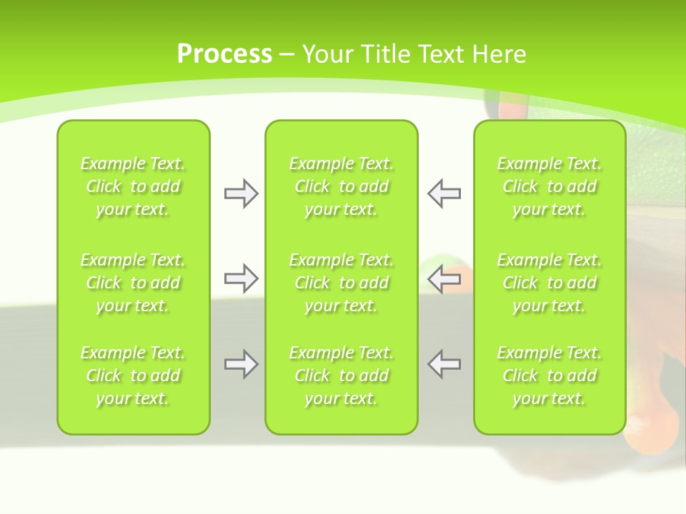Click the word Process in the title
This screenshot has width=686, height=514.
tap(224, 54)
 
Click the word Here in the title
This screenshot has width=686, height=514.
tap(498, 54)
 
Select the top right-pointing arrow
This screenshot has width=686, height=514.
tap(241, 193)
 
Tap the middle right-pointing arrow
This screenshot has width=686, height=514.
tap(241, 278)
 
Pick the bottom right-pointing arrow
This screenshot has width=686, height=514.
tap(241, 364)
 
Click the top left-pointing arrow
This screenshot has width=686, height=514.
tap(444, 193)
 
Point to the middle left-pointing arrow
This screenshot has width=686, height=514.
tap(444, 278)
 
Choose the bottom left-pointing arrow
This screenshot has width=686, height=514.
tap(444, 364)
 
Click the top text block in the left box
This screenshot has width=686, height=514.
tap(133, 186)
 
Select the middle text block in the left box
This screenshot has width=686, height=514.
tap(133, 283)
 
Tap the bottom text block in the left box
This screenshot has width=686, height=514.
tap(133, 376)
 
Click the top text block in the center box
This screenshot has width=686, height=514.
tap(342, 186)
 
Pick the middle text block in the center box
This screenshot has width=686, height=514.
tap(342, 283)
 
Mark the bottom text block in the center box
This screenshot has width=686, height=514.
tap(342, 376)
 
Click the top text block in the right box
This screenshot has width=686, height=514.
tap(550, 186)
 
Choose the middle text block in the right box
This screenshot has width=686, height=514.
tap(550, 283)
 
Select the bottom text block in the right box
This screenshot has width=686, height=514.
tap(550, 376)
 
